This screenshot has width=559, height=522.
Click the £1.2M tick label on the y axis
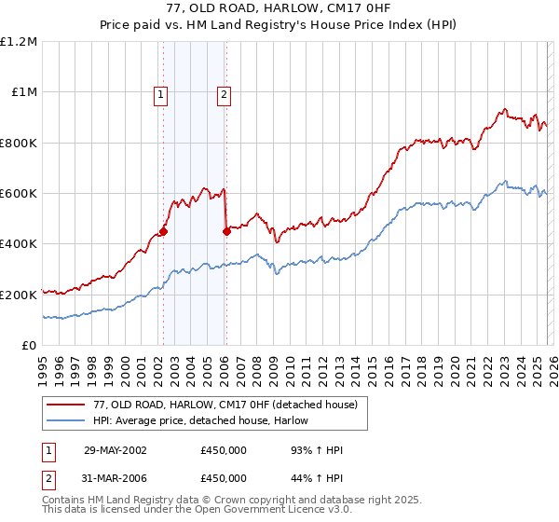pyautogui.click(x=19, y=42)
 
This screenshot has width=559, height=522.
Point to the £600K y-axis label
pyautogui.click(x=19, y=194)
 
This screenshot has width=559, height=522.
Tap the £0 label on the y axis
pyautogui.click(x=29, y=346)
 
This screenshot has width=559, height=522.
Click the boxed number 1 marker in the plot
pyautogui.click(x=161, y=93)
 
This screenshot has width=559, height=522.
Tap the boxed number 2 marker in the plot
pyautogui.click(x=225, y=93)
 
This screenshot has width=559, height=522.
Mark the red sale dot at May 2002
pyautogui.click(x=163, y=231)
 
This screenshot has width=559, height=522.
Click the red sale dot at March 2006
pyautogui.click(x=226, y=231)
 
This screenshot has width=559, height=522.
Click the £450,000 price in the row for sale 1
pyautogui.click(x=223, y=450)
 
